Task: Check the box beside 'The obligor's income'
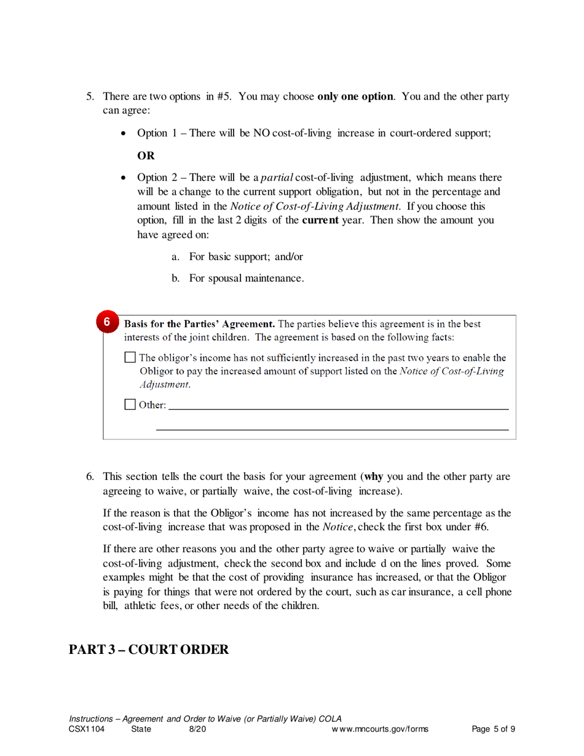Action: [130, 357]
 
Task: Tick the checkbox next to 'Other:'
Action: [130, 404]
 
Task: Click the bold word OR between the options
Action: [146, 155]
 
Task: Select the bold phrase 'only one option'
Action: [355, 97]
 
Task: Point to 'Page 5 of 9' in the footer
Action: [493, 730]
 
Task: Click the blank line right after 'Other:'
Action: [338, 407]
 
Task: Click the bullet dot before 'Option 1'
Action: [125, 133]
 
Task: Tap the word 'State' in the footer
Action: [141, 730]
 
